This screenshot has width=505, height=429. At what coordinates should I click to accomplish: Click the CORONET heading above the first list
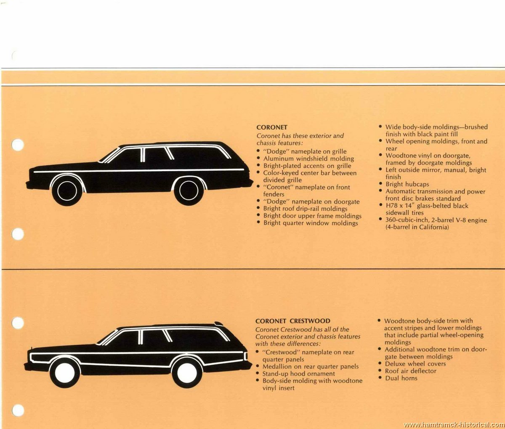pyautogui.click(x=272, y=127)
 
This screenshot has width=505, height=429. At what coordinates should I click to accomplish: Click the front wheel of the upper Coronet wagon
pyautogui.click(x=67, y=191)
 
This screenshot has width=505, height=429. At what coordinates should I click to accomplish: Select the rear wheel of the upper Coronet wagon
pyautogui.click(x=189, y=191)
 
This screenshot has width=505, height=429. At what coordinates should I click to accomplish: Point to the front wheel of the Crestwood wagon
pyautogui.click(x=65, y=373)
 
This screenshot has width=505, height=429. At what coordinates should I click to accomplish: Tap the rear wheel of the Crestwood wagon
pyautogui.click(x=187, y=373)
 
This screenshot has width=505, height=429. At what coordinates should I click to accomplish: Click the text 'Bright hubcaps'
pyautogui.click(x=407, y=184)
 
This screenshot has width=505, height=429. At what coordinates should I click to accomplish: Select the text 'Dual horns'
pyautogui.click(x=401, y=378)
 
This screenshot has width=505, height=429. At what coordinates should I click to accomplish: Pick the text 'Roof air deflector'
pyautogui.click(x=410, y=371)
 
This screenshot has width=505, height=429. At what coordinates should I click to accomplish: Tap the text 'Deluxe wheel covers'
pyautogui.click(x=415, y=364)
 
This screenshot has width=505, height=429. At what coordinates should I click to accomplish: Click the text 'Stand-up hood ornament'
pyautogui.click(x=298, y=374)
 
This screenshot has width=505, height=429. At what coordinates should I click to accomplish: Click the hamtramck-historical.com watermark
pyautogui.click(x=454, y=425)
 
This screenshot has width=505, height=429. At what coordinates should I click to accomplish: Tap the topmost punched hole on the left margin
pyautogui.click(x=18, y=145)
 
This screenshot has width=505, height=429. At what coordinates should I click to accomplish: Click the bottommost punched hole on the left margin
pyautogui.click(x=18, y=410)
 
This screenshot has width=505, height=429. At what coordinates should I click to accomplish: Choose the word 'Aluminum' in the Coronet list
pyautogui.click(x=279, y=159)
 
